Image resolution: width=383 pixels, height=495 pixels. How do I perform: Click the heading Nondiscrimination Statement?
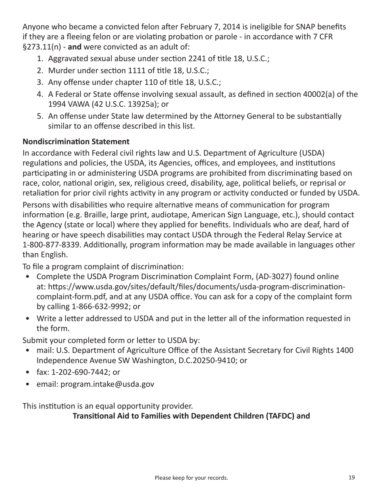[76, 142]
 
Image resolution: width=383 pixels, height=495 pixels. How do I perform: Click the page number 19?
[352, 478]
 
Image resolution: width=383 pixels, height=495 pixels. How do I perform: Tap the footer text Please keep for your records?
[191, 478]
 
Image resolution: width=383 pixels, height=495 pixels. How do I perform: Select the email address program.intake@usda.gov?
[108, 384]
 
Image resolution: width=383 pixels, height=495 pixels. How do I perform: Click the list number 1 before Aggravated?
[40, 58]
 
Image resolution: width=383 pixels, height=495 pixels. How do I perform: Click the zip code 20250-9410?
[218, 361]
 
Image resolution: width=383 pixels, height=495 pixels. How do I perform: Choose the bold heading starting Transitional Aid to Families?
[191, 416]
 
